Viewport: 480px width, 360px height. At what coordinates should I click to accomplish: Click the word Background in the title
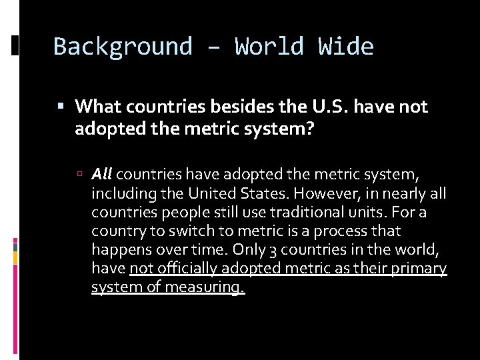pyautogui.click(x=123, y=47)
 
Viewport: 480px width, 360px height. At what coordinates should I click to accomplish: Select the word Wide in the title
pyautogui.click(x=346, y=47)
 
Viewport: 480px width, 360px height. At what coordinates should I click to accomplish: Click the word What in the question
pyautogui.click(x=99, y=106)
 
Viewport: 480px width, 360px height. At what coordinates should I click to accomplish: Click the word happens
pyautogui.click(x=119, y=250)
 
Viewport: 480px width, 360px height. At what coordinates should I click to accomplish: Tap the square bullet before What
pyautogui.click(x=61, y=106)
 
